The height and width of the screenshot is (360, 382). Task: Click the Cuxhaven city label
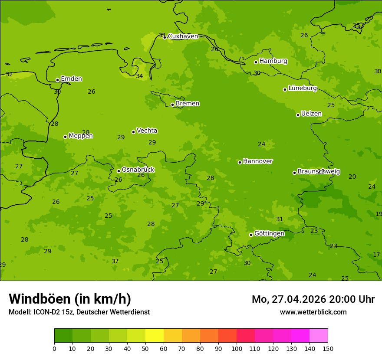tap(183, 36)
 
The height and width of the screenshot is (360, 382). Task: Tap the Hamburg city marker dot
tap(256, 62)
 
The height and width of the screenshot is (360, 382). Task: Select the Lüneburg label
tap(303, 88)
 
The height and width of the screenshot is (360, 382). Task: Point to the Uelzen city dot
tap(298, 115)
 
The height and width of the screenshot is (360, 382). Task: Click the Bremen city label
tap(188, 104)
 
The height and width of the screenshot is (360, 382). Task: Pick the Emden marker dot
tap(57, 80)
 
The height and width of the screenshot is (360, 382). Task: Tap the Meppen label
tap(81, 136)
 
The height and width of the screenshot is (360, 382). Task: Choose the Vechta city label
tap(147, 131)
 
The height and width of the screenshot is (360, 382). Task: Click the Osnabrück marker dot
tap(119, 171)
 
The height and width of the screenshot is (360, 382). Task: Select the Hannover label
tap(257, 161)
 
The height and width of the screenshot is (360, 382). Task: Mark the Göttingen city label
tap(269, 234)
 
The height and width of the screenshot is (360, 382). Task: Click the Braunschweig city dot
tap(294, 173)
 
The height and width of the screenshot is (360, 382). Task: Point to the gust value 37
tap(115, 262)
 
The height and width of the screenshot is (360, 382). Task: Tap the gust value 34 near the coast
tap(139, 76)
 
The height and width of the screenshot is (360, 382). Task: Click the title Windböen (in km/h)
tap(70, 299)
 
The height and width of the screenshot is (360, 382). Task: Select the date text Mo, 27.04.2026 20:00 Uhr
tap(313, 299)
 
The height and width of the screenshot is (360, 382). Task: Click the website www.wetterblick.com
tap(313, 312)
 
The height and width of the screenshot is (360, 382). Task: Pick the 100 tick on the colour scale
tap(237, 348)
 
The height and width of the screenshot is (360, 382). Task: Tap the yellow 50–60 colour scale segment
tap(155, 336)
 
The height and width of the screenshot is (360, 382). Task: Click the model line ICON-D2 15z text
tap(79, 312)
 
